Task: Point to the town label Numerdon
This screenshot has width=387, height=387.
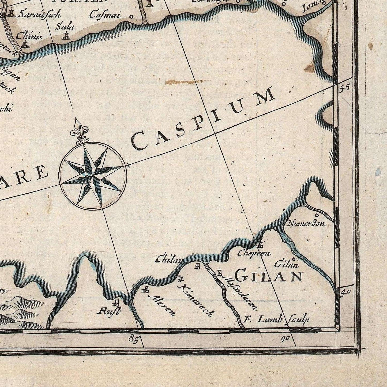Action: pyautogui.click(x=306, y=223)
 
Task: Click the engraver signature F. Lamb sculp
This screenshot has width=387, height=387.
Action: pyautogui.click(x=277, y=319)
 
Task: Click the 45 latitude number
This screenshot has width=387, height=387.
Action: pyautogui.click(x=344, y=88)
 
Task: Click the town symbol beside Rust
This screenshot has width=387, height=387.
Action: pyautogui.click(x=116, y=303)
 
